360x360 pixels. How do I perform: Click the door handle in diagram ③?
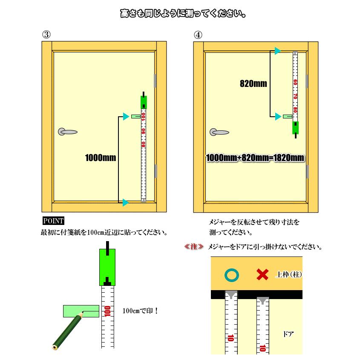[67, 132]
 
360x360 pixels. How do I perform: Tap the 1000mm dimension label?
[101, 158]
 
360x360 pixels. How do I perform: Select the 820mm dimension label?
[253, 84]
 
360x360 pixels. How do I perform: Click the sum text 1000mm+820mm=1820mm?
[255, 158]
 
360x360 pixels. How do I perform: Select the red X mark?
[262, 275]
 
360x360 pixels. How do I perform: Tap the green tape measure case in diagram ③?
[144, 102]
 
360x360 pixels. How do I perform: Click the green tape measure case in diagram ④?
[295, 127]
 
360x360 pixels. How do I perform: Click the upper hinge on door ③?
[156, 81]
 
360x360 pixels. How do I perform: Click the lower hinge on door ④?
[307, 172]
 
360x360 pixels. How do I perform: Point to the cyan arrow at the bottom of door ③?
[125, 203]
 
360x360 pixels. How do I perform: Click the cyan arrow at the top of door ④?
[277, 51]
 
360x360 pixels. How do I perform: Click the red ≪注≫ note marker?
[194, 247]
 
